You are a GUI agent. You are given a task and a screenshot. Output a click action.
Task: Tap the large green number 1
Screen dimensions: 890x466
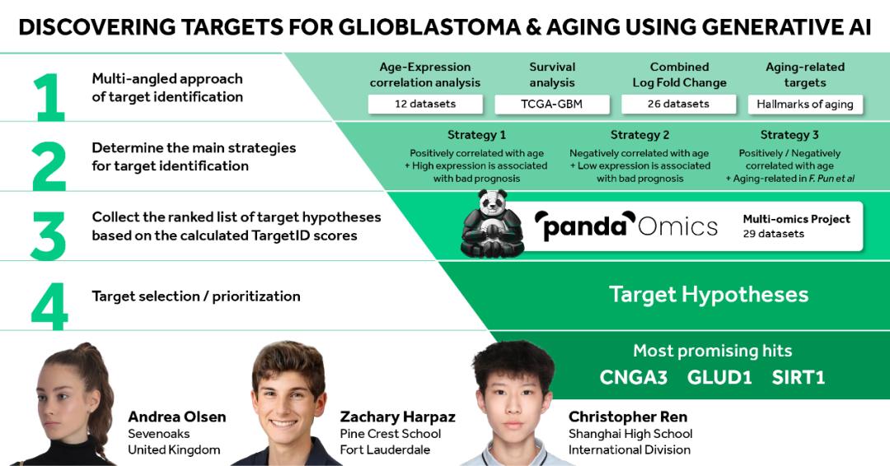click(50, 97)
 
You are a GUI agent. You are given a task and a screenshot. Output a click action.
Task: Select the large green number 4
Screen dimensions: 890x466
click(49, 307)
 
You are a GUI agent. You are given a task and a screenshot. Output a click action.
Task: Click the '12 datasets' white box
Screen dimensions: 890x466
click(425, 105)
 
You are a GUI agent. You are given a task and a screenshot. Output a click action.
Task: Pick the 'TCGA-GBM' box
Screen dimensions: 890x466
click(551, 105)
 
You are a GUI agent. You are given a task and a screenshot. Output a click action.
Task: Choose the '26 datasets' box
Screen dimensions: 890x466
click(678, 105)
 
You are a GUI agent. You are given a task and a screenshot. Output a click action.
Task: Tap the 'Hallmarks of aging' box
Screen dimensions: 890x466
click(805, 105)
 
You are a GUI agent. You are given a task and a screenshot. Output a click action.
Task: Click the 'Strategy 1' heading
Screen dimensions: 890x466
click(476, 135)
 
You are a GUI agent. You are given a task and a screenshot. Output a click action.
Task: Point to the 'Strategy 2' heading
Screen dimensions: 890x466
click(639, 135)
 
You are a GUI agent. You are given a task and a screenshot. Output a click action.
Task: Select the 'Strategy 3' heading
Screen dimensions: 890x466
click(789, 135)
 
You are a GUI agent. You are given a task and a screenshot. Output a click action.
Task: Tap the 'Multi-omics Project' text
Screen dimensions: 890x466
click(796, 219)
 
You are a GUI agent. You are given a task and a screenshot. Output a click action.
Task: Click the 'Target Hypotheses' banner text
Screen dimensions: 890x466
click(709, 295)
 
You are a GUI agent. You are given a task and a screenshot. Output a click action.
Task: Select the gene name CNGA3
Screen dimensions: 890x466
click(634, 378)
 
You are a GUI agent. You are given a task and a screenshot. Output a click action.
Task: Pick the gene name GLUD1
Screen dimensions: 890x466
click(719, 378)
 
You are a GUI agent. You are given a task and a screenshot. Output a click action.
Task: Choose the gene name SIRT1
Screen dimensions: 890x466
click(798, 378)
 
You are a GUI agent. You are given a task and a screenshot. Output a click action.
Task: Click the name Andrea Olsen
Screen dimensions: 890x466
click(177, 417)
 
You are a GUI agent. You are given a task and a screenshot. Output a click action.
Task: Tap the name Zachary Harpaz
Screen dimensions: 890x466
click(397, 417)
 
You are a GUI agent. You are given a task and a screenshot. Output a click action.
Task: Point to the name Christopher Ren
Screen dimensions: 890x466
click(628, 417)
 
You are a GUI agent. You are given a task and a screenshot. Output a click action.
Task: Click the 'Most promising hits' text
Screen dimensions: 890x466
click(712, 351)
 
